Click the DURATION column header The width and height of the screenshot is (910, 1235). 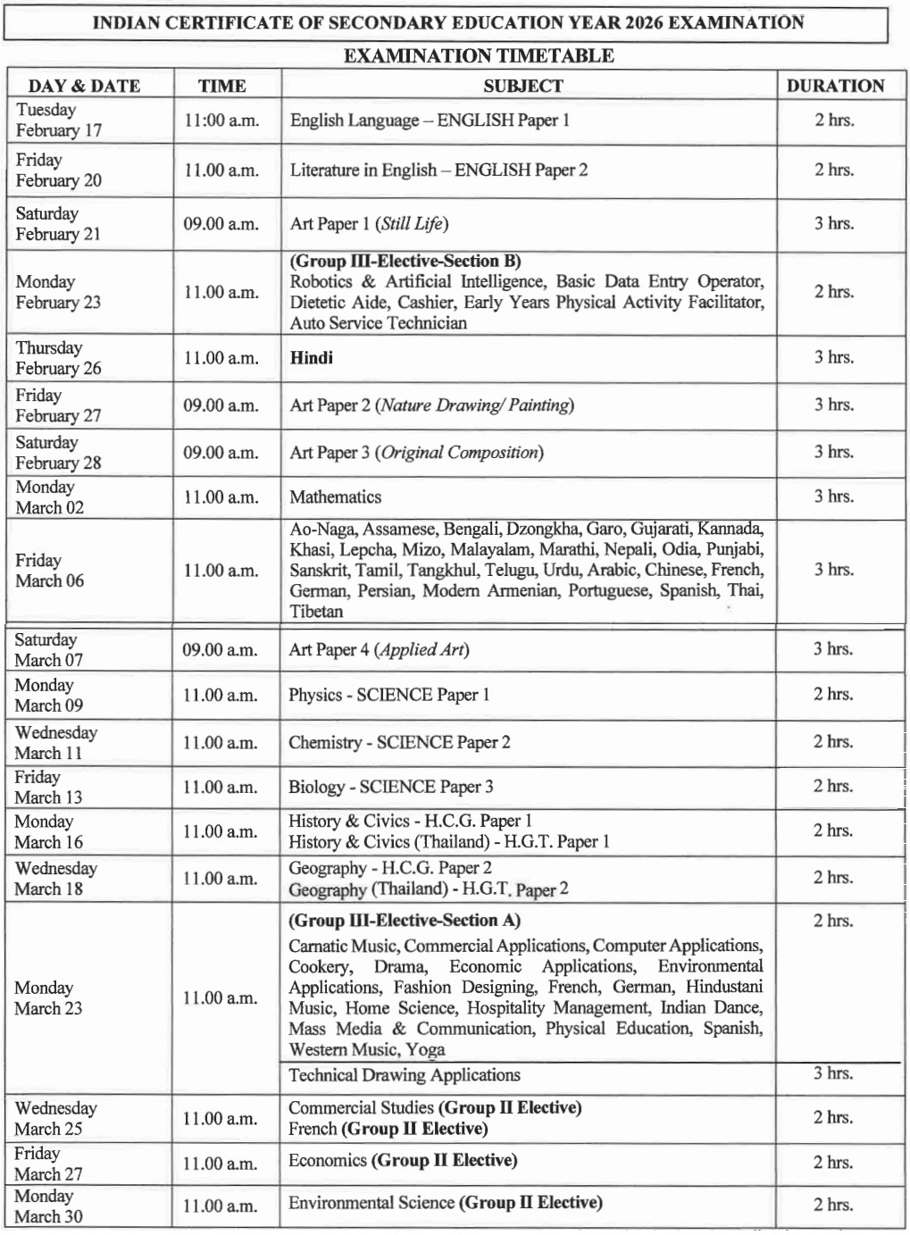coord(835,86)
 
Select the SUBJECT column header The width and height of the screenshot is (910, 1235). coord(523,86)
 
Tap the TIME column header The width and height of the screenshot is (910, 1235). coord(222,86)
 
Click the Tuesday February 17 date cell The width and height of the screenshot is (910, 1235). coord(59,120)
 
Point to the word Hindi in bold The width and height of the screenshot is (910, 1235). coord(312,358)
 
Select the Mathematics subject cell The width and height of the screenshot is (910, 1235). coord(335,497)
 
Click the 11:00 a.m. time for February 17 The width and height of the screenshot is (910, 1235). coord(221,121)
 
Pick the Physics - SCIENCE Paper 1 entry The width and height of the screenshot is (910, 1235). coord(388,695)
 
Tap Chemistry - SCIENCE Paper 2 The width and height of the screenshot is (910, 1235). coord(399,742)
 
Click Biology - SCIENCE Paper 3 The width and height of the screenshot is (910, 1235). coord(390,787)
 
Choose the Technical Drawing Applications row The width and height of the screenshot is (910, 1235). coord(404,1075)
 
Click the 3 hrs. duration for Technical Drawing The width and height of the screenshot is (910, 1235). coord(832,1073)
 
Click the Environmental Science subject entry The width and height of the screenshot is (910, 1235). coord(445,1203)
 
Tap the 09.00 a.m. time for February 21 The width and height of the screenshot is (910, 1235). coord(221,223)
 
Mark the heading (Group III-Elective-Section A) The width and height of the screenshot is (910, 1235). coord(404,921)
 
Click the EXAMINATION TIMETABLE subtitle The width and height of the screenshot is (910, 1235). coord(479,55)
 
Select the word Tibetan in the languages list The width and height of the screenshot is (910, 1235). coord(316,612)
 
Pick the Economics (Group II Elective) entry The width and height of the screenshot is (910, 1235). coord(403,1161)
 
